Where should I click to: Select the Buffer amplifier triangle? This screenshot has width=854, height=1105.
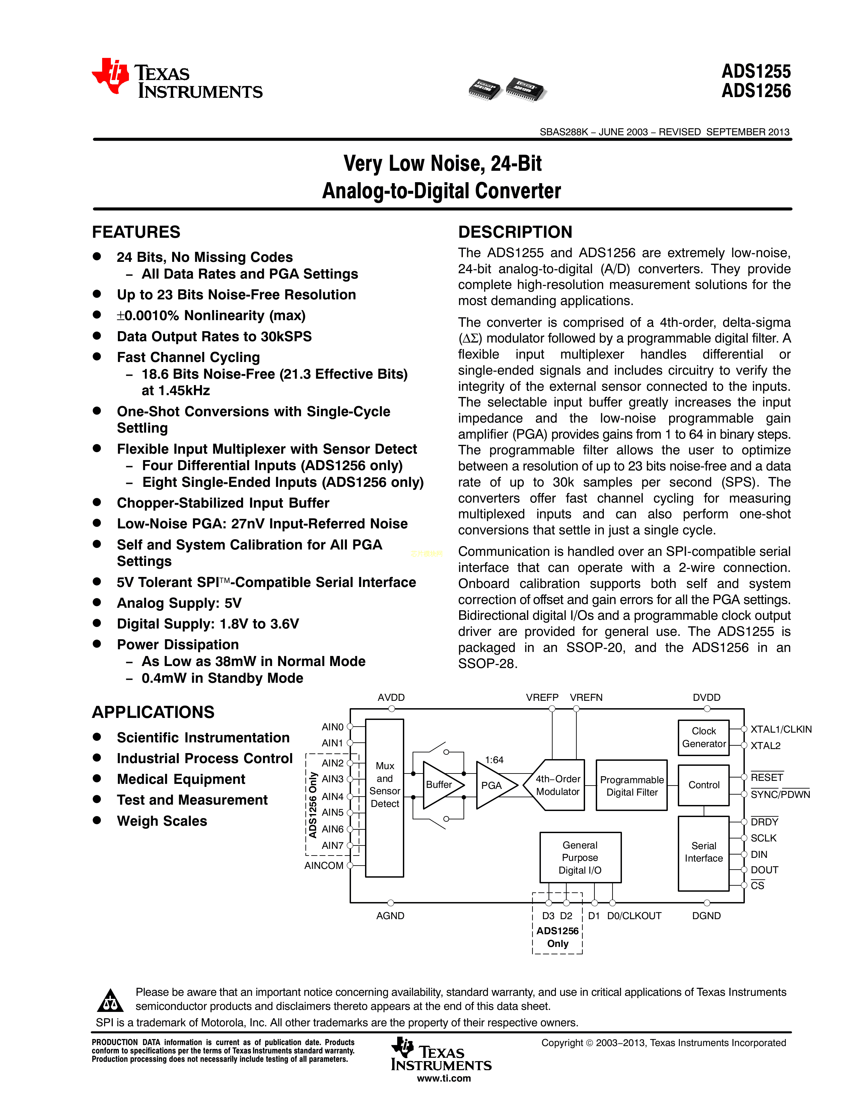441,785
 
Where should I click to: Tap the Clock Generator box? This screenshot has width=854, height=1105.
703,737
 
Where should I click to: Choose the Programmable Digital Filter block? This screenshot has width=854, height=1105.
631,785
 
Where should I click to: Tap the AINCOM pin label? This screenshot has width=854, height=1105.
324,866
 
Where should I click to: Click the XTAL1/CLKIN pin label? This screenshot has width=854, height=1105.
781,729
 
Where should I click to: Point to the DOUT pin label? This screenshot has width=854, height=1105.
764,870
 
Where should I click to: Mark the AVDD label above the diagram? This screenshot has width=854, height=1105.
391,697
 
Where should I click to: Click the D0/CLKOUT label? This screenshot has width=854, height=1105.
634,916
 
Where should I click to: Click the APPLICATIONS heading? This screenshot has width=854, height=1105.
153,712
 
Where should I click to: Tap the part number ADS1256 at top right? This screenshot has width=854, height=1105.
756,91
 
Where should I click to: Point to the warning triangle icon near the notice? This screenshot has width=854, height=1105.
110,1000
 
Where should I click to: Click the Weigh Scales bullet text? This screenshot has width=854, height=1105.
162,821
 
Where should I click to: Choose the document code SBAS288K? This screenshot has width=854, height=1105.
564,132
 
